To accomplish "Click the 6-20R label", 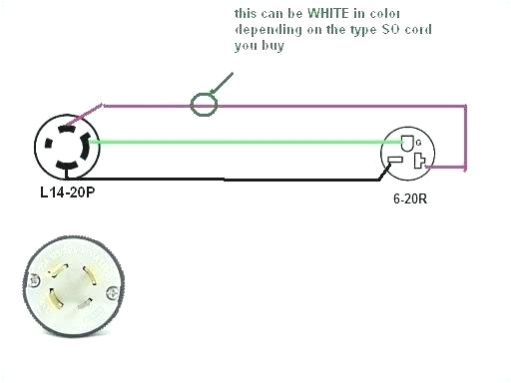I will click(410, 197).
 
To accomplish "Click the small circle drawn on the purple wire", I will click(204, 102).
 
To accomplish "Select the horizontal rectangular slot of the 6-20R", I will click(395, 161).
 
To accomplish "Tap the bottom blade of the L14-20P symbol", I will click(69, 164).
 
